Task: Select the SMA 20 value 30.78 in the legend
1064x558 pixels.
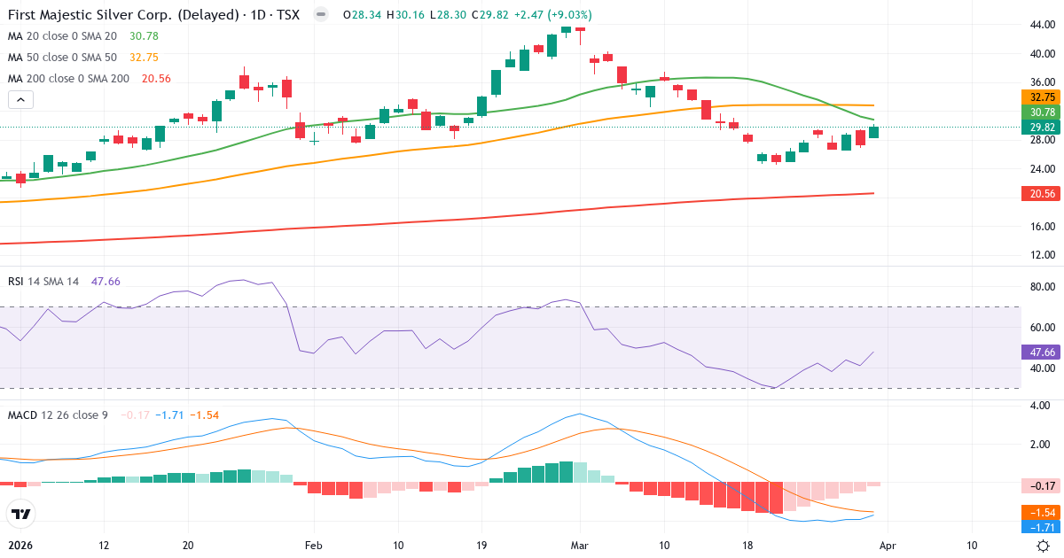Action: click(x=144, y=35)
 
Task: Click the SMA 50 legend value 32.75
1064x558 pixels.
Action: click(x=144, y=57)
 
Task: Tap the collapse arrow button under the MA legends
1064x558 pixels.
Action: click(x=20, y=99)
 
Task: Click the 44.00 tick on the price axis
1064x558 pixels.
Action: click(x=1042, y=25)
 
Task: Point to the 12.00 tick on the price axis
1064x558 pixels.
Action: click(x=1042, y=255)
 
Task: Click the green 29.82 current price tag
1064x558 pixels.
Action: click(x=1042, y=128)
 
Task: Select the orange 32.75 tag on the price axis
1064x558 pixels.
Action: click(x=1042, y=97)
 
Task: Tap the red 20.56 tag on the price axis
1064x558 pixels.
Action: click(x=1042, y=193)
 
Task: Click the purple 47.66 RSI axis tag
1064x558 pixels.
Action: click(x=1042, y=352)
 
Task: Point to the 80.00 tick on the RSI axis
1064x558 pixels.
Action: click(x=1042, y=287)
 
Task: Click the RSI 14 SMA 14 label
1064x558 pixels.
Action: click(x=43, y=281)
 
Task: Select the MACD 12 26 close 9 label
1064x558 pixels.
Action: click(x=58, y=415)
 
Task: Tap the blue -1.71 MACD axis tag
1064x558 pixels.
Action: click(x=1042, y=527)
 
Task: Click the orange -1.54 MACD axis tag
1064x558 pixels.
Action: click(x=1042, y=513)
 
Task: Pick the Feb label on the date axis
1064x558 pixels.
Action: click(x=312, y=546)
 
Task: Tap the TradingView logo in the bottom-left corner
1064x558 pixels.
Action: click(x=20, y=513)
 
